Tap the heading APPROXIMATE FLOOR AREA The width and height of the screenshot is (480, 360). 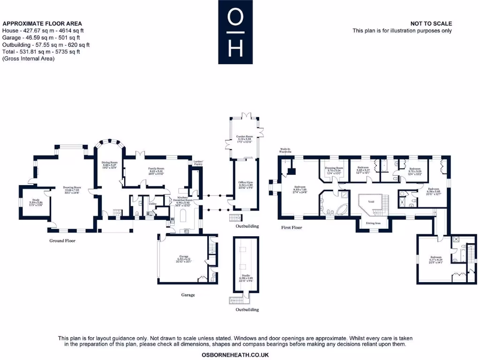click(x=42, y=23)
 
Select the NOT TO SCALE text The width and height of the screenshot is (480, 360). click(x=431, y=23)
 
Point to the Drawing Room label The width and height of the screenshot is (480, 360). click(x=73, y=189)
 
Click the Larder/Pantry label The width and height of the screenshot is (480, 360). click(x=198, y=163)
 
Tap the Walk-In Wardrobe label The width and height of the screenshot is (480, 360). click(x=285, y=150)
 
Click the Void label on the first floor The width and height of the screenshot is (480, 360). click(x=371, y=202)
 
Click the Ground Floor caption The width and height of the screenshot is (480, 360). click(x=62, y=240)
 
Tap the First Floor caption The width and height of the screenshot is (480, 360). click(x=292, y=227)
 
